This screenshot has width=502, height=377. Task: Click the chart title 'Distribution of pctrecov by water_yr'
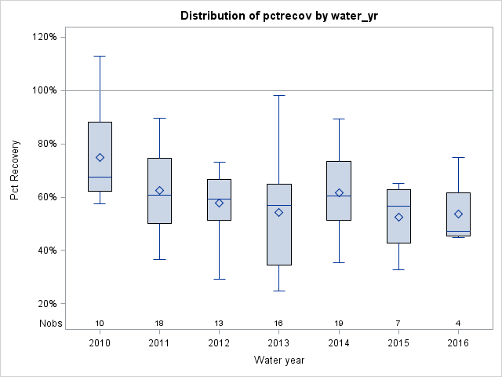(x=279, y=16)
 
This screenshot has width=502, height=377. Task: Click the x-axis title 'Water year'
(x=279, y=360)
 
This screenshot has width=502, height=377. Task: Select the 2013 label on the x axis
(x=279, y=342)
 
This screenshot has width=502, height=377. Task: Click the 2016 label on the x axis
(x=458, y=342)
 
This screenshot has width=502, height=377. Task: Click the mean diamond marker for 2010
(x=100, y=157)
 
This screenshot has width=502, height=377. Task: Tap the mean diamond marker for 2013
(x=279, y=212)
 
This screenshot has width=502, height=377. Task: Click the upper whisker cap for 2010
(x=100, y=56)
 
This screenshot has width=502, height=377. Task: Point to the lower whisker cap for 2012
(x=220, y=279)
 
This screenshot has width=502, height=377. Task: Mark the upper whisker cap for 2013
(x=279, y=95)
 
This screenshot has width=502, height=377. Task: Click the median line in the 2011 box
(x=160, y=195)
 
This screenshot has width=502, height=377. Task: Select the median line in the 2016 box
(x=458, y=232)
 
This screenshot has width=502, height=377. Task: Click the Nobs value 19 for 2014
(x=339, y=323)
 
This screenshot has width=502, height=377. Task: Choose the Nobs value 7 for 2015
(x=398, y=323)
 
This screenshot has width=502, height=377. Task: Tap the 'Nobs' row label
(x=49, y=323)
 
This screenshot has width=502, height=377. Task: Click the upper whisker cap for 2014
(x=339, y=119)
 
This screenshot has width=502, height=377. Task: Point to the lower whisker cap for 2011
(x=160, y=259)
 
